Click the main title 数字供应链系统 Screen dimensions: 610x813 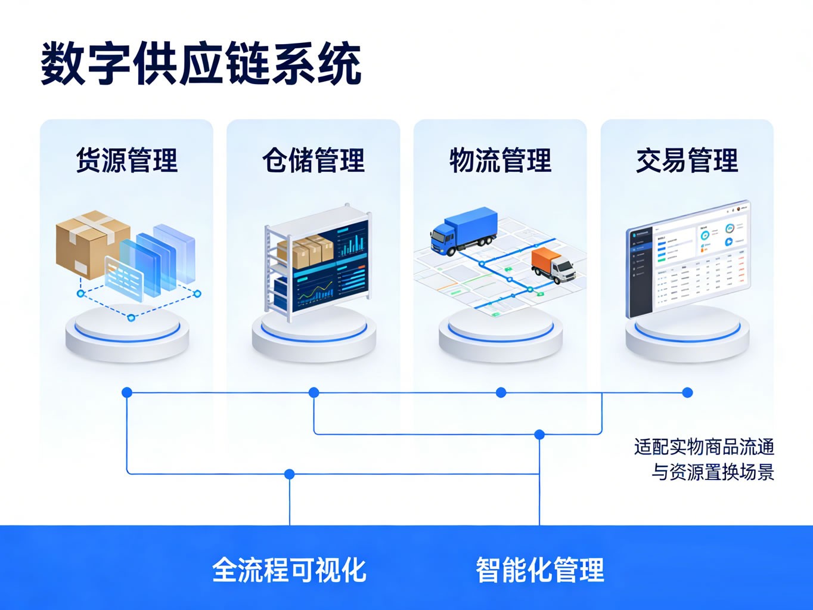(x=201, y=64)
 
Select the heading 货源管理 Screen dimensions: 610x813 (x=127, y=160)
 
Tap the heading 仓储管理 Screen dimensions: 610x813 (x=314, y=160)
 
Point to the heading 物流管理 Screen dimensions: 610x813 (x=501, y=160)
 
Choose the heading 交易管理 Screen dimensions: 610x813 (x=687, y=160)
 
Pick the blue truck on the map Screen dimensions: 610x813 (x=464, y=230)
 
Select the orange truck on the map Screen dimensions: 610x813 (x=553, y=265)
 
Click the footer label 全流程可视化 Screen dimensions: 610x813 (x=290, y=569)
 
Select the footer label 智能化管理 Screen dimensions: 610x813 (x=540, y=569)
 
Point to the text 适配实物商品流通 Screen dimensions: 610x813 (x=704, y=447)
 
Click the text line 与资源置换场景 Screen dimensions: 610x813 (x=712, y=472)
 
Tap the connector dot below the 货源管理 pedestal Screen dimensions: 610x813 (x=127, y=392)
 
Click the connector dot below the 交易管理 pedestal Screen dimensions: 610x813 (x=687, y=392)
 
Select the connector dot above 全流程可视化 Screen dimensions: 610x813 (x=290, y=474)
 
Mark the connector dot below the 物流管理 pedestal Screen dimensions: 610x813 (x=501, y=392)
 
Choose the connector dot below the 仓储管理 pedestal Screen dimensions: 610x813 (x=314, y=392)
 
